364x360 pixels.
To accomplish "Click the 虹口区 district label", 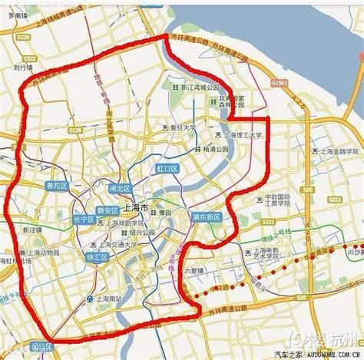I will pyautogui.click(x=167, y=167).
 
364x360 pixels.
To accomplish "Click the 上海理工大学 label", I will pyautogui.click(x=240, y=134).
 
